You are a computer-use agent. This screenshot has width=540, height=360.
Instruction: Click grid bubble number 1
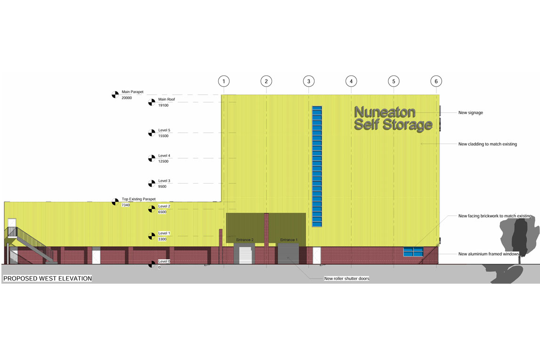tap(224, 81)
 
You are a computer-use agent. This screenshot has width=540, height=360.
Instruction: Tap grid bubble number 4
tap(351, 81)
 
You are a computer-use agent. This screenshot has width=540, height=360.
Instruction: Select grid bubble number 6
tap(436, 81)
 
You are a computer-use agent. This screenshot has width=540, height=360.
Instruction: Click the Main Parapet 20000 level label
tap(132, 95)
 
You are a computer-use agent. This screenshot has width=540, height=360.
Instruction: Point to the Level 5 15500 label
tap(164, 133)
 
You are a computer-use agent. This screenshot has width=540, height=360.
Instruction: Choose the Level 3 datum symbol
tap(152, 184)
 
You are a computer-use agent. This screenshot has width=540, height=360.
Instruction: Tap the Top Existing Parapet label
tap(138, 199)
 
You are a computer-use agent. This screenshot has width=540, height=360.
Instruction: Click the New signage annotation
tap(470, 112)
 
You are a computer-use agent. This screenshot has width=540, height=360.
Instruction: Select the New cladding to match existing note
tap(487, 144)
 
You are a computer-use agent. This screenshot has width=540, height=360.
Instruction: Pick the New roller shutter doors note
tap(347, 279)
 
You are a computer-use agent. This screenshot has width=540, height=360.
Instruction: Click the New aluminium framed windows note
tap(488, 254)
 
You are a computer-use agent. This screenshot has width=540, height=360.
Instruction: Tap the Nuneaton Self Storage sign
tap(393, 119)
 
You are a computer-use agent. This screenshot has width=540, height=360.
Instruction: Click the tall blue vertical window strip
tap(317, 166)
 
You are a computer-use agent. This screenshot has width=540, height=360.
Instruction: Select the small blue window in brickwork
tap(413, 252)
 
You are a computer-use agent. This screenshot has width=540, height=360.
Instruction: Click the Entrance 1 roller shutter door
tap(288, 254)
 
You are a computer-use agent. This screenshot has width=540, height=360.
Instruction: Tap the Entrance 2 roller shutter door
tap(244, 254)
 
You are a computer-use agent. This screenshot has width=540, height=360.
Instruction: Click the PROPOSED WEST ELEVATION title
tap(48, 279)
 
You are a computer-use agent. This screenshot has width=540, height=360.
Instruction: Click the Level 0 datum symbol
tap(152, 264)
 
